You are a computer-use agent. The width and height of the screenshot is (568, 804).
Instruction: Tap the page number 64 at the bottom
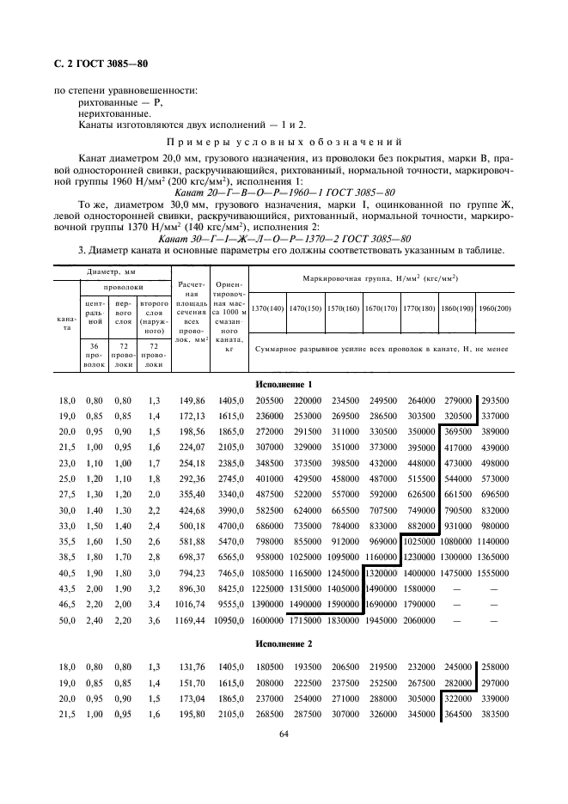coord(284,734)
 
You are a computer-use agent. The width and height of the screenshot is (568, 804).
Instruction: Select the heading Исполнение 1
coord(284,385)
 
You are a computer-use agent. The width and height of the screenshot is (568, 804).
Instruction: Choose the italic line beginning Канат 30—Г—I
coord(284,238)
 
